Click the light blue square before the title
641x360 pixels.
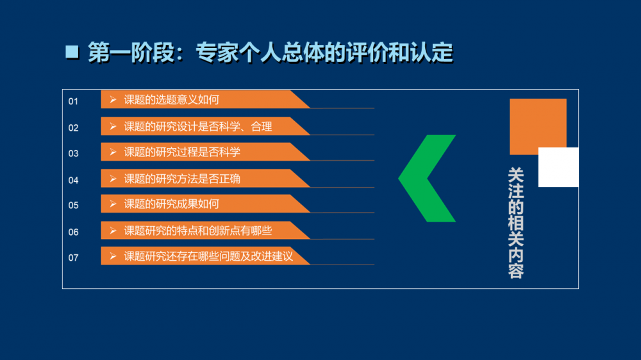pos(72,52)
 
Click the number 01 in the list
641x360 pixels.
pos(73,101)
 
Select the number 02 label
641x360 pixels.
pos(73,128)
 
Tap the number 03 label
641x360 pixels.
pos(73,154)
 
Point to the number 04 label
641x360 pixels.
pos(73,180)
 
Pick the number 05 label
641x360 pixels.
pos(73,205)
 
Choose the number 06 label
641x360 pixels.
pos(73,232)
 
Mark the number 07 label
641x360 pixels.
pos(73,258)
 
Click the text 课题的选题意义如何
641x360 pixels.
pos(172,100)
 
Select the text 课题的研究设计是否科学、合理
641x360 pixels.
pos(198,127)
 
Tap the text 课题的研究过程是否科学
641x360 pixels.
pos(182,152)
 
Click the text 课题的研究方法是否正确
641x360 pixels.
pos(182,179)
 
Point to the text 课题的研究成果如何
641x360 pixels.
pos(172,204)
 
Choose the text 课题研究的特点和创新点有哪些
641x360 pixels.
pos(198,231)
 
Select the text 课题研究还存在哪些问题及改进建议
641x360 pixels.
pos(208,256)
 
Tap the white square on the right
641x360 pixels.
pos(558,167)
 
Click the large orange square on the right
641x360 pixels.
pos(531,122)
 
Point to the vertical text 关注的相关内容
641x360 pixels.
pos(516,223)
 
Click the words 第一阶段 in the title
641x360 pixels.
pos(131,53)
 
